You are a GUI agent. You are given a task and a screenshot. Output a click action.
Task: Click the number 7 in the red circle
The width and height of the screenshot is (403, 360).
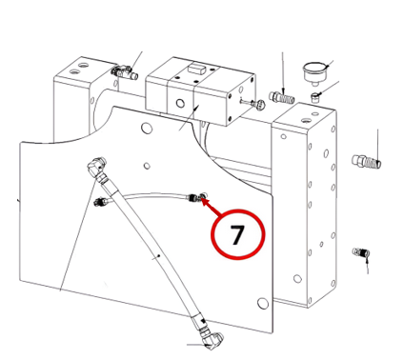pos(237,235)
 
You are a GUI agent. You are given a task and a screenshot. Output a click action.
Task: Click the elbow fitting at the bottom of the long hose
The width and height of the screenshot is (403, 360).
pos(212,341)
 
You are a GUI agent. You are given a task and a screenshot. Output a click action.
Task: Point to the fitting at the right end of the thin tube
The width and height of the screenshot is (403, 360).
pos(195,197)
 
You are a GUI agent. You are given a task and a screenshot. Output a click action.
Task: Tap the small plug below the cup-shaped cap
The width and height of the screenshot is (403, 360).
pos(315,97)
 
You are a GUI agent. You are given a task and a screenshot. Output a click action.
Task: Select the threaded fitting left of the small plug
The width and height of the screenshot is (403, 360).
pos(282,97)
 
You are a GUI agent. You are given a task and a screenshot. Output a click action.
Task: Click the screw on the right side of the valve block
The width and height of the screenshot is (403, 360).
pos(254,103)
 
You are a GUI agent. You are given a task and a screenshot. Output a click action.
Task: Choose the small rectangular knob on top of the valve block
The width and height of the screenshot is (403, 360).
pos(197,68)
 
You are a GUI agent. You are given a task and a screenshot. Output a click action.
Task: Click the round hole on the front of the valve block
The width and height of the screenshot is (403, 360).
pos(180,103)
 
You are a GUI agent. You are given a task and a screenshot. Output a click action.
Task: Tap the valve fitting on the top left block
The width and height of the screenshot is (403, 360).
pos(125,72)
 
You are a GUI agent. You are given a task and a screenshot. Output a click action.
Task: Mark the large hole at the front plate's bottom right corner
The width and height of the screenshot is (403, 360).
pos(262,303)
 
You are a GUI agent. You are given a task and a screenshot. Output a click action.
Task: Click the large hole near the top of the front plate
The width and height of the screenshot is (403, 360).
pos(147,128)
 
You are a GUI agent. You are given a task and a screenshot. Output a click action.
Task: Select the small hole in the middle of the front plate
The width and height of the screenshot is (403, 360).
pos(147,166)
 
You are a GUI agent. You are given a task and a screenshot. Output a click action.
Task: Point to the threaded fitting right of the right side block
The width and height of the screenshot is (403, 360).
pos(367,161)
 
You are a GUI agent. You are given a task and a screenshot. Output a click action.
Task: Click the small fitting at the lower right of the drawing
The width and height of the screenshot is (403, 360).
pos(361,253)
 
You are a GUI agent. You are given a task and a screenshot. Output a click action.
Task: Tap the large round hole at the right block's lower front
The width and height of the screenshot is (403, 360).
pos(297,279)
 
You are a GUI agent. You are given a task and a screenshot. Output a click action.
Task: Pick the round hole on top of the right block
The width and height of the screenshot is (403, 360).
pos(307,121)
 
